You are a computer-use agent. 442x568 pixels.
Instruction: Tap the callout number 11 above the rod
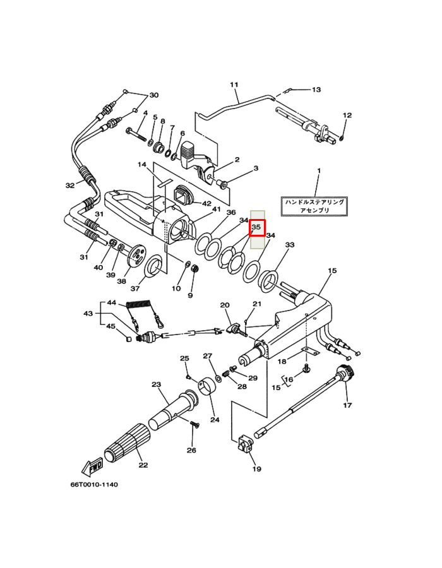[234, 85]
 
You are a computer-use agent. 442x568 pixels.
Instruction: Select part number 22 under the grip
[143, 465]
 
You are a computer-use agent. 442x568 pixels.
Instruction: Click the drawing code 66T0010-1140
[94, 485]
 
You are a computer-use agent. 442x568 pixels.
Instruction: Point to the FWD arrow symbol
[92, 468]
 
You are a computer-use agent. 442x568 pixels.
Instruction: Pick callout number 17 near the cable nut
[347, 405]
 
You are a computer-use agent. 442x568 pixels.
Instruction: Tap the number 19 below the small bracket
[256, 469]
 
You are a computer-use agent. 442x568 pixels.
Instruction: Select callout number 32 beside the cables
[70, 186]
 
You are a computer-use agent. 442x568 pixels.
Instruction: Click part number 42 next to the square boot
[206, 203]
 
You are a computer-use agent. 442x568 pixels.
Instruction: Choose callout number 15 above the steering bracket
[332, 271]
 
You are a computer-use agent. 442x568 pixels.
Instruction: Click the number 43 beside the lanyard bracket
[88, 314]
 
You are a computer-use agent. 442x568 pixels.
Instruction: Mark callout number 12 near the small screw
[346, 115]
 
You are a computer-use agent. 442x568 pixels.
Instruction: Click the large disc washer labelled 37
[154, 268]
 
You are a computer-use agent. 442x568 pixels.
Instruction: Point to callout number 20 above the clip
[224, 305]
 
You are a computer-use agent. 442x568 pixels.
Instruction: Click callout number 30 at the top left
[153, 96]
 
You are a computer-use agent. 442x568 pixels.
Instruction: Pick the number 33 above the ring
[290, 245]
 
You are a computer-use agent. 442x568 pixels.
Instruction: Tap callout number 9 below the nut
[190, 295]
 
